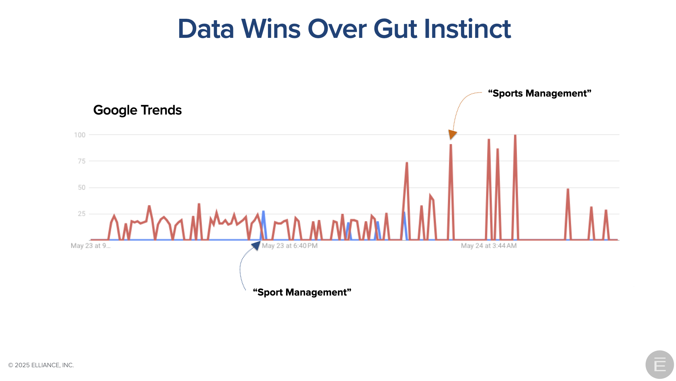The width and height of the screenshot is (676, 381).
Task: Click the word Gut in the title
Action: [x=395, y=29]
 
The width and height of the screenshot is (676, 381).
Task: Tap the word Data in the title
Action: [x=206, y=29]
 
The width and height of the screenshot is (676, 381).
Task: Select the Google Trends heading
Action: [x=137, y=110]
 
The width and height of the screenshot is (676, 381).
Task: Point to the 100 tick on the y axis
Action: [x=80, y=135]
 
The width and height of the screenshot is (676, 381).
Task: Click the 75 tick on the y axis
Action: [x=82, y=161]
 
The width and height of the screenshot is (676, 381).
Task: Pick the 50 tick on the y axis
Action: [x=82, y=187]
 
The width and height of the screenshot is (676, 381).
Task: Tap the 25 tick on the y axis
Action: [x=82, y=214]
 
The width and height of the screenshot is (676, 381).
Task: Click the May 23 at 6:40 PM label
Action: [x=290, y=245]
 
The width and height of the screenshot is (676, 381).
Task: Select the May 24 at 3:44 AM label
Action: [x=489, y=245]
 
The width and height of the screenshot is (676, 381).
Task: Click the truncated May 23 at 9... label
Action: [x=91, y=245]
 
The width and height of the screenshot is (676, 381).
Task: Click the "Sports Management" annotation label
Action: [x=540, y=93]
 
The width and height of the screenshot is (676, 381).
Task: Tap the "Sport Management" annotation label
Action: [x=302, y=292]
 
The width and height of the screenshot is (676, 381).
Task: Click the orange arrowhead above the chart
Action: [x=452, y=134]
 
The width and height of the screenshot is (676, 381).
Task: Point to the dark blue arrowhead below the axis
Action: [x=256, y=245]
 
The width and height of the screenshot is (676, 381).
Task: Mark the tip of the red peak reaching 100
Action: [x=515, y=135]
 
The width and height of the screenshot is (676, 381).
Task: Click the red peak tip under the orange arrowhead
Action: [x=451, y=144]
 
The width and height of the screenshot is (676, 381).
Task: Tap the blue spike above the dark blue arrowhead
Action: [x=263, y=212]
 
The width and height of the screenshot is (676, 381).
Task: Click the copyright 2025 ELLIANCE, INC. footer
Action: [x=41, y=365]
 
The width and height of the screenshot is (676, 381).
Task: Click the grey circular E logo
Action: [x=659, y=364]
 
